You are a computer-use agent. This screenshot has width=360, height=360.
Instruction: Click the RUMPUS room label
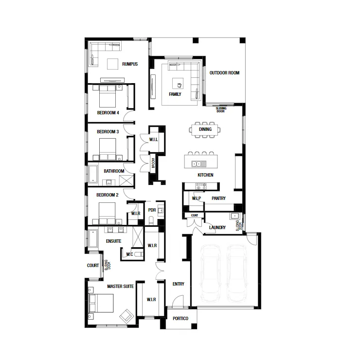(130, 64)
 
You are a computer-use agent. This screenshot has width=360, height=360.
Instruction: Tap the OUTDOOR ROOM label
(224, 73)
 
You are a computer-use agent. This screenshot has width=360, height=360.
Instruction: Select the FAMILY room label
(175, 94)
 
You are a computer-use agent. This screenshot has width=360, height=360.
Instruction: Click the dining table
(205, 129)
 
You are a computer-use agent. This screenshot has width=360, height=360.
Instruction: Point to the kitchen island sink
(199, 163)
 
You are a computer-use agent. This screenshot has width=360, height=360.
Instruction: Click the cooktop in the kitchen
(200, 186)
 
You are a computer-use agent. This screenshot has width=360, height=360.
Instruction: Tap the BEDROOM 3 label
(108, 132)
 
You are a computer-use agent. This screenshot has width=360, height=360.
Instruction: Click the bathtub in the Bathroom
(93, 174)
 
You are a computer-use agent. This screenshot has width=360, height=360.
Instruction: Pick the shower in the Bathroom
(126, 180)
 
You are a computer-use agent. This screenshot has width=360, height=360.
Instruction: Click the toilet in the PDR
(151, 221)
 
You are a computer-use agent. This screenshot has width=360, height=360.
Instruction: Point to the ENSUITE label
(113, 241)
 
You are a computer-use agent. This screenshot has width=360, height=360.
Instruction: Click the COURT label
(93, 266)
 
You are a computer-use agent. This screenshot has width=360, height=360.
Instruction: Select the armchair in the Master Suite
(126, 316)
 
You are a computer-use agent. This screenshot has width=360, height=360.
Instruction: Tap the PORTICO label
(180, 319)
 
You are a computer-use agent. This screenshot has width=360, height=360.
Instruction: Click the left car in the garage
(211, 273)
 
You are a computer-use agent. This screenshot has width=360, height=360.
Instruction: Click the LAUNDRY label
(217, 228)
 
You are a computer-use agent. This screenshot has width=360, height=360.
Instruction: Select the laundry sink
(234, 216)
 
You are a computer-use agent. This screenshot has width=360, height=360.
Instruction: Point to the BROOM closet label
(153, 163)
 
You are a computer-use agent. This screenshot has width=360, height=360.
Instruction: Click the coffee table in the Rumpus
(112, 64)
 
